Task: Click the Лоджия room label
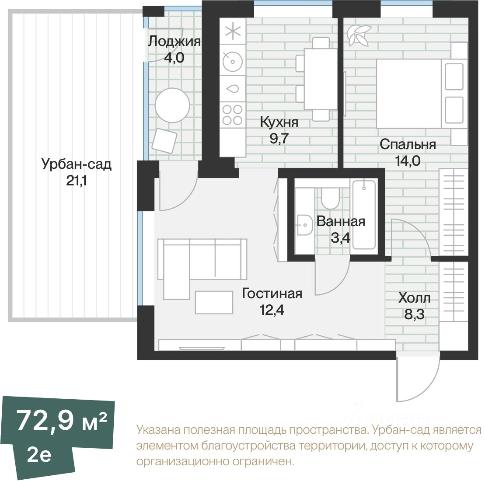pyautogui.click(x=174, y=42)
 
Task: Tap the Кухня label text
pyautogui.click(x=279, y=122)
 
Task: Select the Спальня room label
pyautogui.click(x=408, y=144)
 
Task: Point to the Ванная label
pyautogui.click(x=341, y=221)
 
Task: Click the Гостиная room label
pyautogui.click(x=272, y=293)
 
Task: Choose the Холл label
pyautogui.click(x=414, y=298)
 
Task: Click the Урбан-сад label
pyautogui.click(x=77, y=164)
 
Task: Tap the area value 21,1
pyautogui.click(x=77, y=181)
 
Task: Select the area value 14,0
pyautogui.click(x=408, y=161)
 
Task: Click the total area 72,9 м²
pyautogui.click(x=62, y=420)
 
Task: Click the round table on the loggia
pyautogui.click(x=172, y=105)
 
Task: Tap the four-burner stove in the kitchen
pyautogui.click(x=232, y=115)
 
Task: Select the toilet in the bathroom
pyautogui.click(x=330, y=198)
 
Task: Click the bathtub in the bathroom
pyautogui.click(x=364, y=215)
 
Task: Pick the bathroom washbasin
pyautogui.click(x=304, y=225)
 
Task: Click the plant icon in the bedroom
pyautogui.click(x=359, y=35)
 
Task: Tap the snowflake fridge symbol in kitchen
pyautogui.click(x=233, y=31)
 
